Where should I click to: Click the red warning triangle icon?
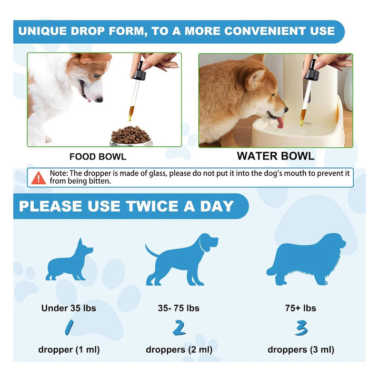pyautogui.click(x=38, y=178)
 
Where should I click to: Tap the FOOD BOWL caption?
pyautogui.click(x=98, y=157)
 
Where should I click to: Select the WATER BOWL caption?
pyautogui.click(x=275, y=156)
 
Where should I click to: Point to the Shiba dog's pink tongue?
pyautogui.click(x=281, y=122)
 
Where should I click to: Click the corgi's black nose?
pyautogui.click(x=99, y=99)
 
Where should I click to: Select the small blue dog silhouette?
pyautogui.click(x=69, y=260)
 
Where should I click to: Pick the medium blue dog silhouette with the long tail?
pyautogui.click(x=181, y=260)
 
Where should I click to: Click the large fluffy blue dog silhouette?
pyautogui.click(x=306, y=259)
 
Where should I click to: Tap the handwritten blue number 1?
pyautogui.click(x=69, y=327)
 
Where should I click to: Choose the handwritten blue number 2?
pyautogui.click(x=179, y=328)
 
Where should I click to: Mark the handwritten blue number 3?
pyautogui.click(x=301, y=328)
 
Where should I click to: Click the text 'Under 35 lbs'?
pyautogui.click(x=68, y=308)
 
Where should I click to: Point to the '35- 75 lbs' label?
pyautogui.click(x=178, y=308)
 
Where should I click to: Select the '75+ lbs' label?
pyautogui.click(x=301, y=308)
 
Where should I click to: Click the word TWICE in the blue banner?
pyautogui.click(x=152, y=206)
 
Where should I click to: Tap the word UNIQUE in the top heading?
pyautogui.click(x=43, y=31)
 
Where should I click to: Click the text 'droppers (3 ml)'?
pyautogui.click(x=301, y=350)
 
